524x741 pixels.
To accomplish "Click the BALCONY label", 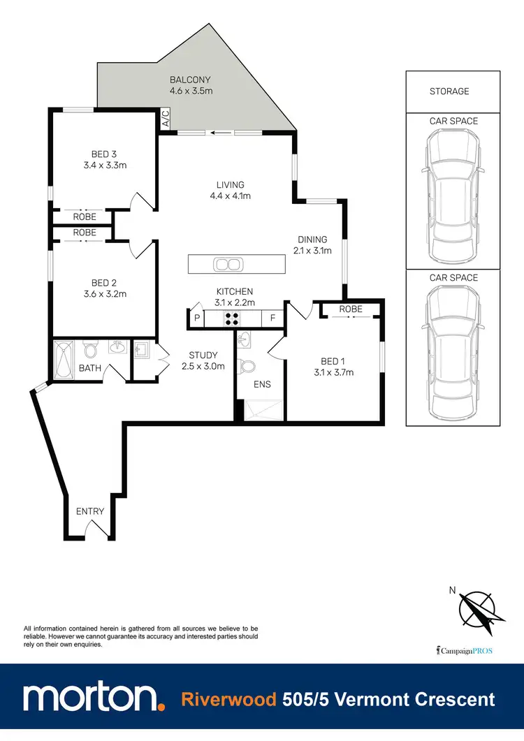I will point(189,80).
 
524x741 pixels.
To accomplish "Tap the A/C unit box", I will point(166,119).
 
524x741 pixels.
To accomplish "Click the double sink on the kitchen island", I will point(228,265).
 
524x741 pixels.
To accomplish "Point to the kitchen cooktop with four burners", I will point(232,318).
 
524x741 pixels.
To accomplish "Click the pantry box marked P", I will point(197,318).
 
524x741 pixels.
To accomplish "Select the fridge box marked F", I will point(272,318).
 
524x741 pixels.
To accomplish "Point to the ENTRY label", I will point(90,511).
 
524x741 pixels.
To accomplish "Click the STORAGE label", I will point(449,91).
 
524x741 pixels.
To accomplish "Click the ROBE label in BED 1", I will point(351,309).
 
